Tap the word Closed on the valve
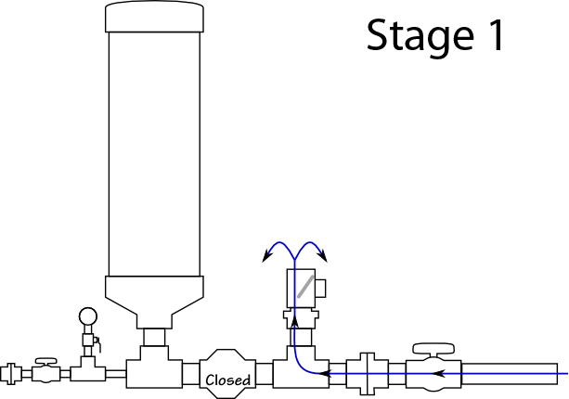point(227,380)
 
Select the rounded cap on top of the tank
point(154,17)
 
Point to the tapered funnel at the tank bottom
point(154,298)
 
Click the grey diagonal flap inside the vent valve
point(304,286)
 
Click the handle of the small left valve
point(45,359)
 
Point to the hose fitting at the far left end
point(10,374)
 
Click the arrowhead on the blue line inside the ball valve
point(439,374)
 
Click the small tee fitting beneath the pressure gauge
point(88,371)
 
